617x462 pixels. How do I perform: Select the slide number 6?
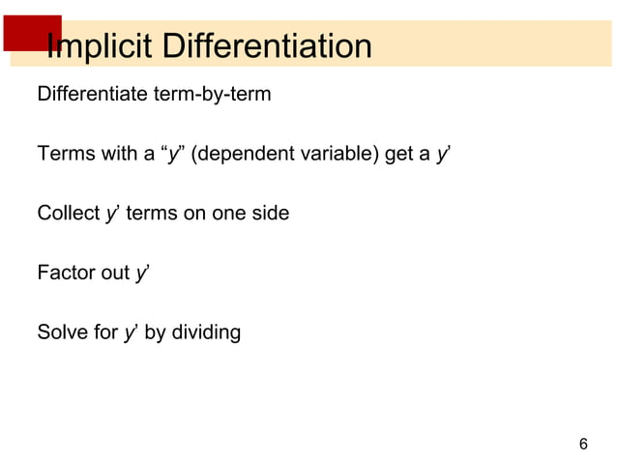point(582,444)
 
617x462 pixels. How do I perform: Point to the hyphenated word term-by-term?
point(219,96)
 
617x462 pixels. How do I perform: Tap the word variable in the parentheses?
point(338,155)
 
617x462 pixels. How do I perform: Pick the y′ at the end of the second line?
point(442,155)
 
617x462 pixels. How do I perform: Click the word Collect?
point(68,214)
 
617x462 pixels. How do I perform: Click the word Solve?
point(61,332)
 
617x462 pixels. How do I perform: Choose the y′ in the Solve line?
point(131,333)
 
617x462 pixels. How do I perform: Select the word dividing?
point(208,333)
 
